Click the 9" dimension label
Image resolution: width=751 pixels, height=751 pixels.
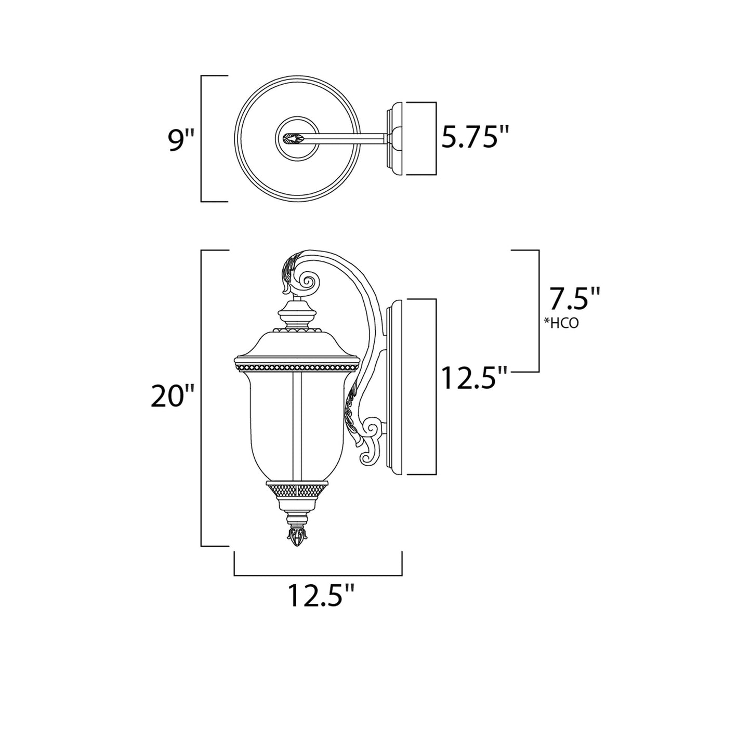181,139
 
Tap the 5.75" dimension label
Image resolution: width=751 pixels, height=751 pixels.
473,138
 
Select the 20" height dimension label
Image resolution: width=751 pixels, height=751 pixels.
172,398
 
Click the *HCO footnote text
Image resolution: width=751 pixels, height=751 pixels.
561,323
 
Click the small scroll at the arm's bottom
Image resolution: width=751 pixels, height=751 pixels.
373,429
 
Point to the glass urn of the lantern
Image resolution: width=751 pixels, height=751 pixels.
296,421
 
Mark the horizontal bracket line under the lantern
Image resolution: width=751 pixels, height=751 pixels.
318,575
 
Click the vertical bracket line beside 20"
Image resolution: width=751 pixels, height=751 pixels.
202,398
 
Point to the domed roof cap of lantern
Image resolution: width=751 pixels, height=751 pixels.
297,343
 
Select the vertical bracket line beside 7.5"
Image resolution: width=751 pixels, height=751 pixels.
538,311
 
